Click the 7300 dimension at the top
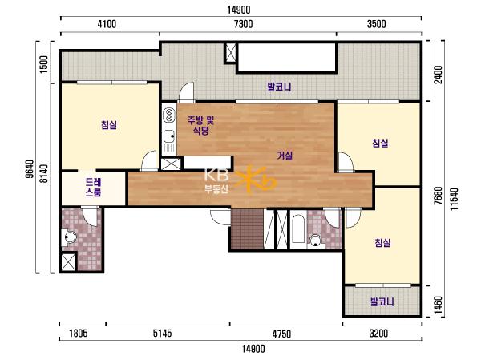pos(243,24)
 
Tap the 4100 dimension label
pos(107,24)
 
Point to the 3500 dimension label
pos(377,24)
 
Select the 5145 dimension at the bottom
pos(162,334)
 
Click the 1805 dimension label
pos(79,334)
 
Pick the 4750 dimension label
pos(281,334)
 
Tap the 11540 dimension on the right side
pos(455,199)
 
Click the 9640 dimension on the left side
pos(30,169)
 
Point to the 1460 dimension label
pos(439,305)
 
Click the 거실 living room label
pos(285,156)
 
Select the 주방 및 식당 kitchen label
pos(201,126)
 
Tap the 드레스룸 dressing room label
pos(94,187)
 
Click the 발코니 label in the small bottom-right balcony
pos(382,301)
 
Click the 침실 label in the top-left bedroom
pos(109,125)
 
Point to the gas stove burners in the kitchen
pos(168,115)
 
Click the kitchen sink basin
pos(168,136)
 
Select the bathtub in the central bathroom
pos(298,229)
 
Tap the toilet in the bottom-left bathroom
pos(68,237)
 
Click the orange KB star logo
pos(257,180)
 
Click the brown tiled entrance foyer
pos(247,229)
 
